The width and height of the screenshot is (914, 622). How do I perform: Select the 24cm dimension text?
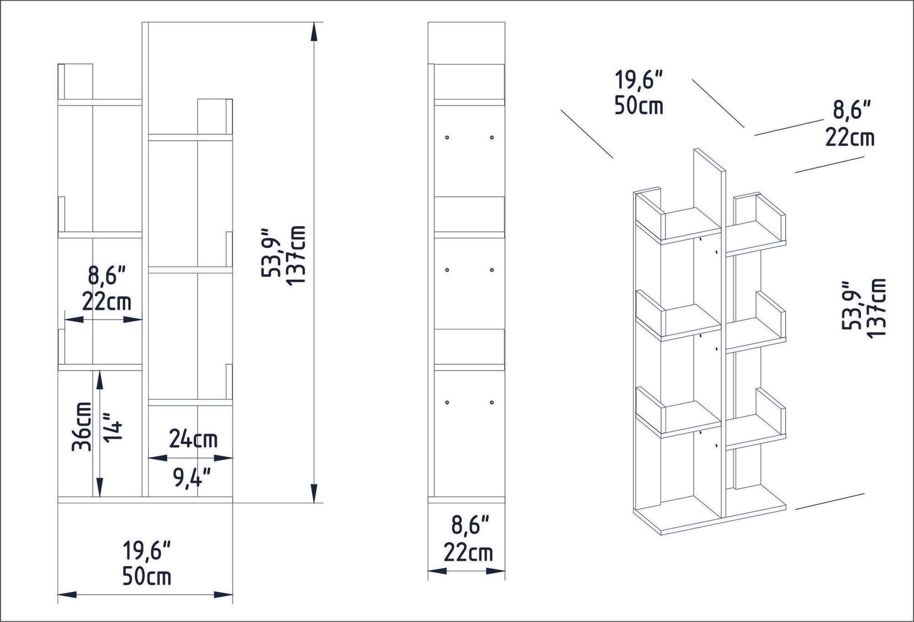(x=192, y=439)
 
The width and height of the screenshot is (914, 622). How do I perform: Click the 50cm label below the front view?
(x=146, y=577)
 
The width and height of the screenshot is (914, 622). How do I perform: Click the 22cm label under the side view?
(x=468, y=553)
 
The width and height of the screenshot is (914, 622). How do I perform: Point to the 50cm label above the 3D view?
(x=638, y=105)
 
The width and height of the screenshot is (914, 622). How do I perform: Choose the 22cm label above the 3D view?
(x=850, y=136)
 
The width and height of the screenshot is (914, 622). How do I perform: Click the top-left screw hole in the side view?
(x=446, y=137)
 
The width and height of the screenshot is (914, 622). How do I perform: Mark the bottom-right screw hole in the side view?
(x=492, y=402)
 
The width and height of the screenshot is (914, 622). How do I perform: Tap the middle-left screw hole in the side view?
(x=446, y=270)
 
